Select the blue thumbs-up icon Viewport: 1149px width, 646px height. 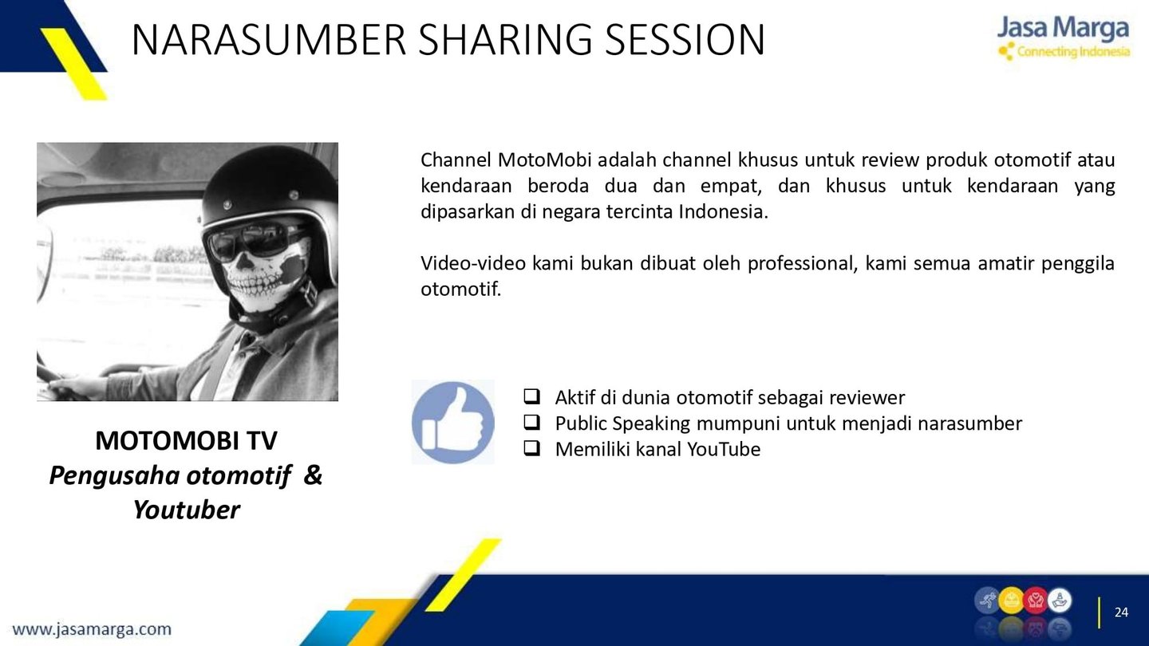[x=453, y=423]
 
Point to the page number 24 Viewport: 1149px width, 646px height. [x=1121, y=613]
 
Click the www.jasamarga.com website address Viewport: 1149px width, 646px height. [x=92, y=629]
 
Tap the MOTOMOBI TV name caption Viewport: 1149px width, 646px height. [x=186, y=440]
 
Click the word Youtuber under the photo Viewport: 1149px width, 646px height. [x=186, y=510]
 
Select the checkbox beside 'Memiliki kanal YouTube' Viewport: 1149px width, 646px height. [x=531, y=448]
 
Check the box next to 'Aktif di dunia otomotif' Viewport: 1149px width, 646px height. [x=531, y=396]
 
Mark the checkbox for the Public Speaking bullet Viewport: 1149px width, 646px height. [x=531, y=423]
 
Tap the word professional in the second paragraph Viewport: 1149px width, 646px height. [x=802, y=263]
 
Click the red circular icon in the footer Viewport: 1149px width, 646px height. [x=1035, y=601]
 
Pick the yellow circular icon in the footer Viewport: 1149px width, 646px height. [x=1011, y=601]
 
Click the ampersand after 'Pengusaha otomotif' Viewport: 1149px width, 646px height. [x=313, y=475]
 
